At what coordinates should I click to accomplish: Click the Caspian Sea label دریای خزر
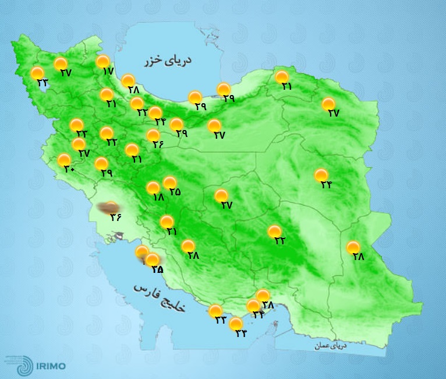point(170,60)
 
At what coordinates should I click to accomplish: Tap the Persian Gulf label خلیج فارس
point(159,297)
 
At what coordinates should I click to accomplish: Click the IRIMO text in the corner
point(50,366)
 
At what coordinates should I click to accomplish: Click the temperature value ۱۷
point(107,71)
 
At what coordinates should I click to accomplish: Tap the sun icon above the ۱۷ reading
point(103,61)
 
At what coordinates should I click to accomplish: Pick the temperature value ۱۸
point(158,197)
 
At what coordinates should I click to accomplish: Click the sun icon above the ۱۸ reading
point(153,188)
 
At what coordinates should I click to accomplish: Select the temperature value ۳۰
point(69,169)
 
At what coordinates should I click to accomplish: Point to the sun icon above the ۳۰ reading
point(64,160)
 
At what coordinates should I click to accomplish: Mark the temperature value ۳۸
point(268,304)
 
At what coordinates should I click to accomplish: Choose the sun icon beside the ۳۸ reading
point(263,296)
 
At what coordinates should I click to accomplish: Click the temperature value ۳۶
point(115,217)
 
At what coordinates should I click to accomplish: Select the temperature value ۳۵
point(157,269)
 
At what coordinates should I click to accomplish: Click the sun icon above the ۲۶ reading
point(154,136)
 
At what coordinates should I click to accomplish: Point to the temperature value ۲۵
point(175,192)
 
